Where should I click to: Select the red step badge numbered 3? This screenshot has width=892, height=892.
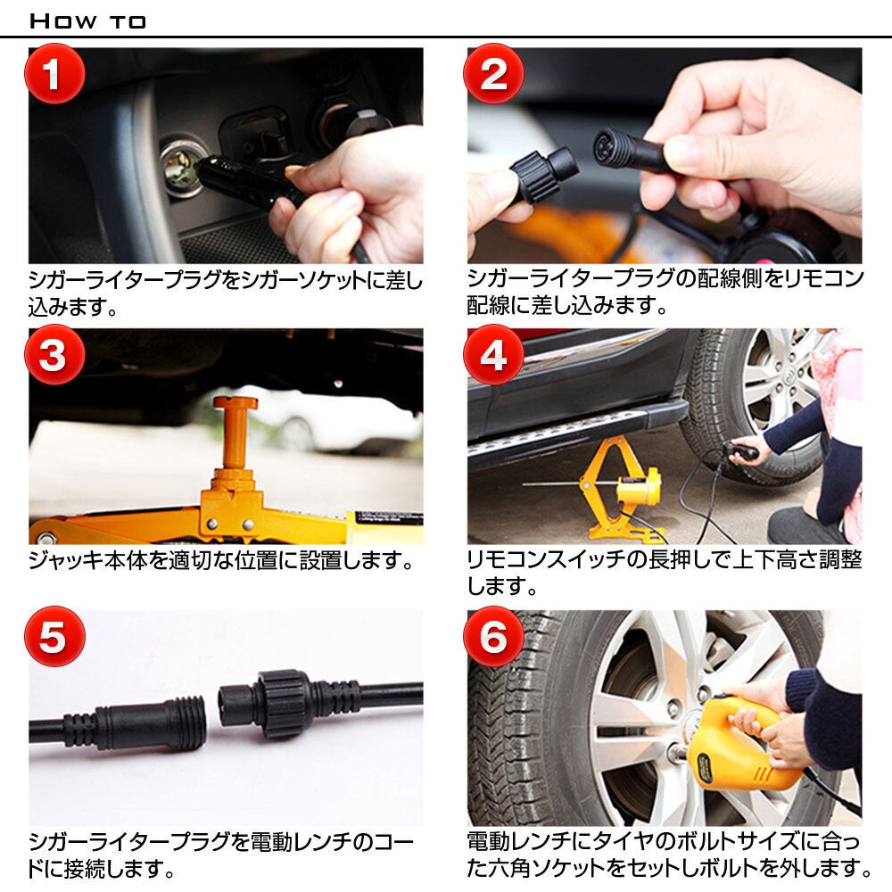tap(53, 355)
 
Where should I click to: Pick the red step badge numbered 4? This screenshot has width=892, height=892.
tap(492, 355)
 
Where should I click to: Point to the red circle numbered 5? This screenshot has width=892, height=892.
tap(53, 637)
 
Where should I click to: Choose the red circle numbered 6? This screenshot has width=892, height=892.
tap(492, 637)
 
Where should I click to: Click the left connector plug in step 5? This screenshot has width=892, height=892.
tap(134, 717)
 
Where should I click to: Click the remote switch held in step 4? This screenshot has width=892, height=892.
tap(740, 452)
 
